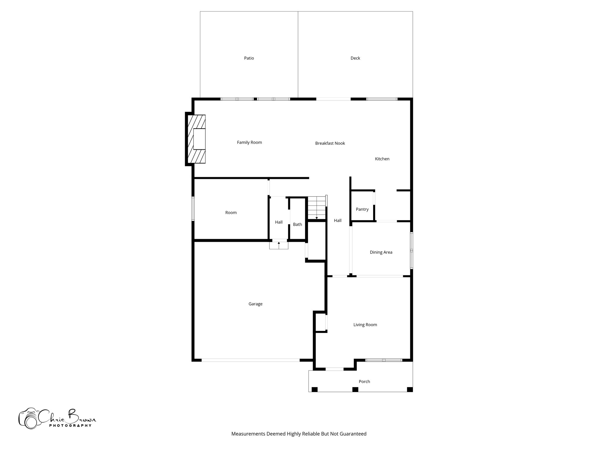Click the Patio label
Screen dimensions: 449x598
click(x=249, y=58)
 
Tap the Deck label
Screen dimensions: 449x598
click(x=355, y=58)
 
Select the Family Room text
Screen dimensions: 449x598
click(x=249, y=142)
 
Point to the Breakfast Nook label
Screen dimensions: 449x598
click(x=330, y=143)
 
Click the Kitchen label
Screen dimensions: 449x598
click(x=382, y=159)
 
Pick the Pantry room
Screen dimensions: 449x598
click(x=362, y=209)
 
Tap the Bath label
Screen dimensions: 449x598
click(x=297, y=224)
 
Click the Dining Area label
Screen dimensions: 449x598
click(x=381, y=252)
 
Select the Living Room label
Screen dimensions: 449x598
click(x=365, y=324)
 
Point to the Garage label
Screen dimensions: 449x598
click(x=255, y=304)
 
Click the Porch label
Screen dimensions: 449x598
click(x=364, y=381)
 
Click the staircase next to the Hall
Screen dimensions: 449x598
click(x=317, y=207)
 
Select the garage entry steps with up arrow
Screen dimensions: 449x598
click(x=279, y=245)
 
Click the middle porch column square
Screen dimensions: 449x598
click(x=355, y=389)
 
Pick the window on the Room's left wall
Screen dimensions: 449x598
click(x=193, y=209)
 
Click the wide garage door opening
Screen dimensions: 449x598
click(x=251, y=360)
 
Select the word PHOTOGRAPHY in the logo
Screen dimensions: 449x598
click(x=70, y=426)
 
